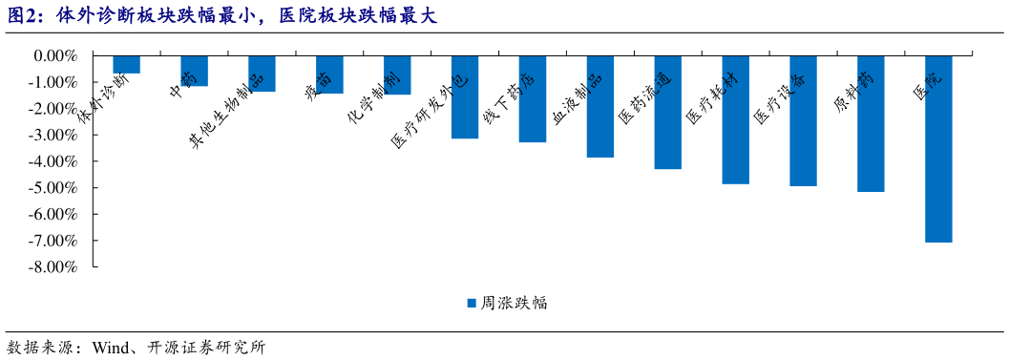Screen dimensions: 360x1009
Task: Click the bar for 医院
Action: tap(937, 149)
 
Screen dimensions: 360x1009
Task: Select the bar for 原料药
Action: tap(871, 124)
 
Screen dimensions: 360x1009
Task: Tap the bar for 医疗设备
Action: tap(803, 121)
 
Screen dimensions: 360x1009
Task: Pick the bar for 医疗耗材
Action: tap(735, 119)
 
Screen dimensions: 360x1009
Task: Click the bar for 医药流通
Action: tap(667, 113)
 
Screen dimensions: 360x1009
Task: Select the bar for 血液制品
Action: tap(599, 107)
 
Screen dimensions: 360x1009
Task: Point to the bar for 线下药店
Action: tap(532, 99)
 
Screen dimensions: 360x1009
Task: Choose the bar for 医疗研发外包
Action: tap(465, 97)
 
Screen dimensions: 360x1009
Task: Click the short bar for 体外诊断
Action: tap(126, 65)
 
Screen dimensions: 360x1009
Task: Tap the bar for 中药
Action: tap(194, 72)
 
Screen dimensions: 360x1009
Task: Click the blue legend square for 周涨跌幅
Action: tap(471, 304)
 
